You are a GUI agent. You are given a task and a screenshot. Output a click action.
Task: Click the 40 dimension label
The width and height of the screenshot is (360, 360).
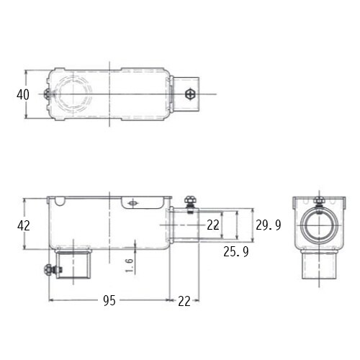point(23,94)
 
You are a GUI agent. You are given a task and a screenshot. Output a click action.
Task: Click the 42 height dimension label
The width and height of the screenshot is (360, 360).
point(24,225)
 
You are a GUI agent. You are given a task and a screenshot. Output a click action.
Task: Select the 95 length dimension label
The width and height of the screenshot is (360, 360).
point(109,300)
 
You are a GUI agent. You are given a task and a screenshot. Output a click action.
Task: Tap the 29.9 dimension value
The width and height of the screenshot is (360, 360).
point(269,225)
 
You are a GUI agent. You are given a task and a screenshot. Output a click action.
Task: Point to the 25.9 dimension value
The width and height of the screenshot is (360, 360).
point(236,251)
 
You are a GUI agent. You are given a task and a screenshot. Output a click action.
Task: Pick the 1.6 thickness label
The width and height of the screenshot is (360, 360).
point(129,266)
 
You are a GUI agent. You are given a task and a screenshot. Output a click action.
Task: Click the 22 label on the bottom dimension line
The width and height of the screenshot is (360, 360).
point(184,301)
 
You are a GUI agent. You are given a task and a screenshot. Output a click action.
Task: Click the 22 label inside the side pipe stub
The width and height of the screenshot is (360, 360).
point(213,225)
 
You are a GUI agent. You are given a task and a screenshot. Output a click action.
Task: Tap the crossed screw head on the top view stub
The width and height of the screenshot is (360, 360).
point(190,94)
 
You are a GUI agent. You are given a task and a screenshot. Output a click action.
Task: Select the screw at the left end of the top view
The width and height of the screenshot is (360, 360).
point(47,94)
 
